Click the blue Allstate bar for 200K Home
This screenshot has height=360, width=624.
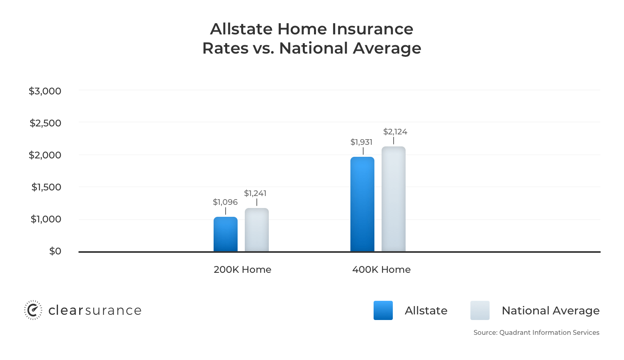tap(225, 234)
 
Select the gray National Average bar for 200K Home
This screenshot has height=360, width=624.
tap(256, 230)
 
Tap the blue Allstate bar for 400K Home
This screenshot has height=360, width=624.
tap(362, 204)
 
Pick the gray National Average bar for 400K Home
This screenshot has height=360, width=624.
tap(393, 199)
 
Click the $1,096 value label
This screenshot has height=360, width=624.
tap(225, 202)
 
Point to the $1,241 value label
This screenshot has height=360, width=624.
tap(255, 193)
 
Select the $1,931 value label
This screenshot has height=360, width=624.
tap(361, 142)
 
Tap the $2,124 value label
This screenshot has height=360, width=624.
tap(395, 132)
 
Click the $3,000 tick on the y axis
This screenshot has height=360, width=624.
tap(45, 91)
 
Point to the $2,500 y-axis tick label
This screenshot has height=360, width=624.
tap(46, 123)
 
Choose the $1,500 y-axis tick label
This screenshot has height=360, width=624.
tap(46, 187)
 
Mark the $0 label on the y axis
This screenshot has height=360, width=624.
tap(55, 251)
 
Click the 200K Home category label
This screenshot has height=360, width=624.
tap(242, 270)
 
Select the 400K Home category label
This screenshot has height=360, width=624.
tap(381, 270)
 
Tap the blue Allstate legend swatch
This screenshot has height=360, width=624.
tap(383, 310)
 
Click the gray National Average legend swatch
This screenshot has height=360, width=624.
tap(480, 310)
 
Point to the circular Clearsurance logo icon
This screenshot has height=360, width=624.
tap(33, 310)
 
